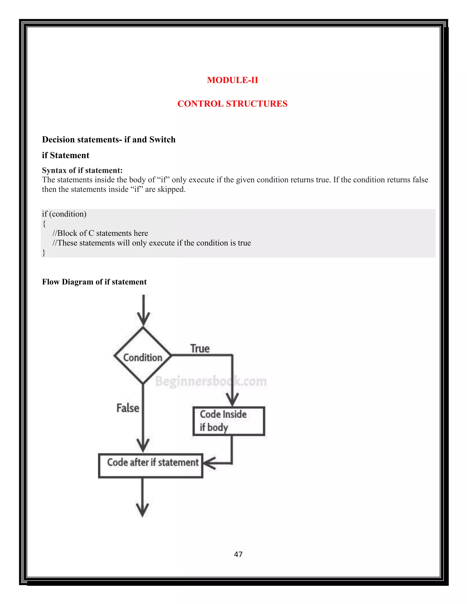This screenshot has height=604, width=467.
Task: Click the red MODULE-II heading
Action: (x=232, y=80)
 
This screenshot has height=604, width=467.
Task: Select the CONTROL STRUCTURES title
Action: (x=232, y=104)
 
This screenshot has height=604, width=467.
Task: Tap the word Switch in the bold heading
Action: (x=162, y=140)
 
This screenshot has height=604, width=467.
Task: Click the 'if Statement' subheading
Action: (x=66, y=155)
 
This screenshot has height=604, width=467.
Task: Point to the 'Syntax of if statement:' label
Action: (x=82, y=170)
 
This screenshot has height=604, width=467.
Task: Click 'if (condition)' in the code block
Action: (x=64, y=214)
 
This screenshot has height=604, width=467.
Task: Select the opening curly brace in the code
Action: (x=44, y=223)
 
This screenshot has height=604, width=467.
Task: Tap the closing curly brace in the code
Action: (x=44, y=253)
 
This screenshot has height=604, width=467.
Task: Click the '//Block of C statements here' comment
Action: (x=100, y=233)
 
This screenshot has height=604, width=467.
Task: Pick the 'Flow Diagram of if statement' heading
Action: (x=94, y=282)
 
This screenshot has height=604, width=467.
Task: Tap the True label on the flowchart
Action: (x=200, y=349)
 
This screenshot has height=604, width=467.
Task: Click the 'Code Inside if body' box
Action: (x=229, y=421)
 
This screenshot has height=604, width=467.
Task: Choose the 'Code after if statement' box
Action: (x=151, y=465)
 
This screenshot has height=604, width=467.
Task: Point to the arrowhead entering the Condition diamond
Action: (x=143, y=319)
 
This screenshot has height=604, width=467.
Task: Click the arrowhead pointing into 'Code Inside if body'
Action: (x=232, y=400)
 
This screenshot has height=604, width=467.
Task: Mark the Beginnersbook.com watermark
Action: (x=211, y=381)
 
